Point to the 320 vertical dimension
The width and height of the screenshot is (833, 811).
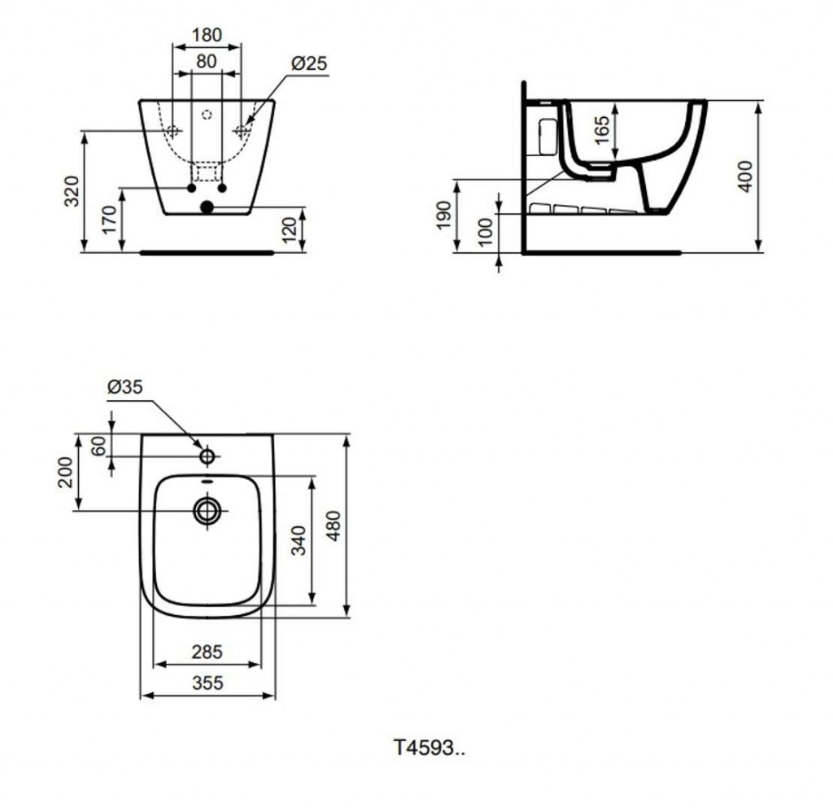(72, 190)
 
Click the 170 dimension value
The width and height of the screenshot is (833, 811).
(108, 220)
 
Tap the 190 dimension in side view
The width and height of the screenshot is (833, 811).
(444, 216)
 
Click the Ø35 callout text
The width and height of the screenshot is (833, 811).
(124, 388)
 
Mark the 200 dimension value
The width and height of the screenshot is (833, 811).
(66, 471)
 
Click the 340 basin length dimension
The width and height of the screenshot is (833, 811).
(299, 541)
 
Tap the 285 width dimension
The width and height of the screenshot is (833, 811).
(207, 652)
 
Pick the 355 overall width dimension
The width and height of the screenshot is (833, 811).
(207, 683)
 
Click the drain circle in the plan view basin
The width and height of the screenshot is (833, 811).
(207, 511)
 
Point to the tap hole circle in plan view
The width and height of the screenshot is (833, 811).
(207, 456)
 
